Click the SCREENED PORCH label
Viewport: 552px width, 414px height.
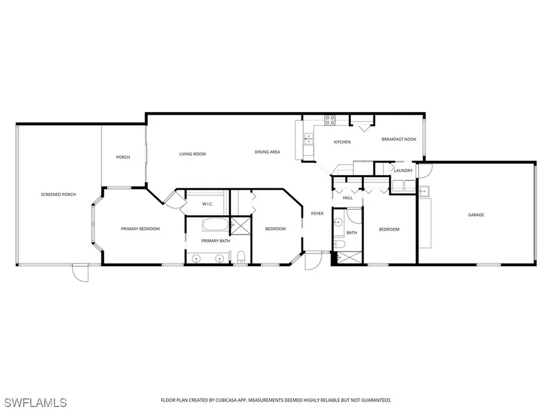pyautogui.click(x=58, y=194)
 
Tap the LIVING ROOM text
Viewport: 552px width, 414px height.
pyautogui.click(x=192, y=154)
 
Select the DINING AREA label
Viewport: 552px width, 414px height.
pyautogui.click(x=267, y=152)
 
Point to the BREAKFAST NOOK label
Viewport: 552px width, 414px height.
pyautogui.click(x=399, y=139)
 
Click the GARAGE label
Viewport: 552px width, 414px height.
pyautogui.click(x=475, y=215)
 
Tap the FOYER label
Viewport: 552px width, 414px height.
pyautogui.click(x=318, y=213)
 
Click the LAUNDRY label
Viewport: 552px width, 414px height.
pyautogui.click(x=403, y=171)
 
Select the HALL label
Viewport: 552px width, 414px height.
pyautogui.click(x=348, y=198)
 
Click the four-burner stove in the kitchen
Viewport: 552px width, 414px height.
pyautogui.click(x=329, y=120)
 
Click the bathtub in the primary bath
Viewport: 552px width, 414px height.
pyautogui.click(x=215, y=224)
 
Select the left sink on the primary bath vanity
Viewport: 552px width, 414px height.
pyautogui.click(x=196, y=259)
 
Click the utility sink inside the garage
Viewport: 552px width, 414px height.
pyautogui.click(x=424, y=191)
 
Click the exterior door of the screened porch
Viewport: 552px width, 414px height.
pyautogui.click(x=80, y=272)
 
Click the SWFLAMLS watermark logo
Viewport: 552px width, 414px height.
pyautogui.click(x=35, y=402)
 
